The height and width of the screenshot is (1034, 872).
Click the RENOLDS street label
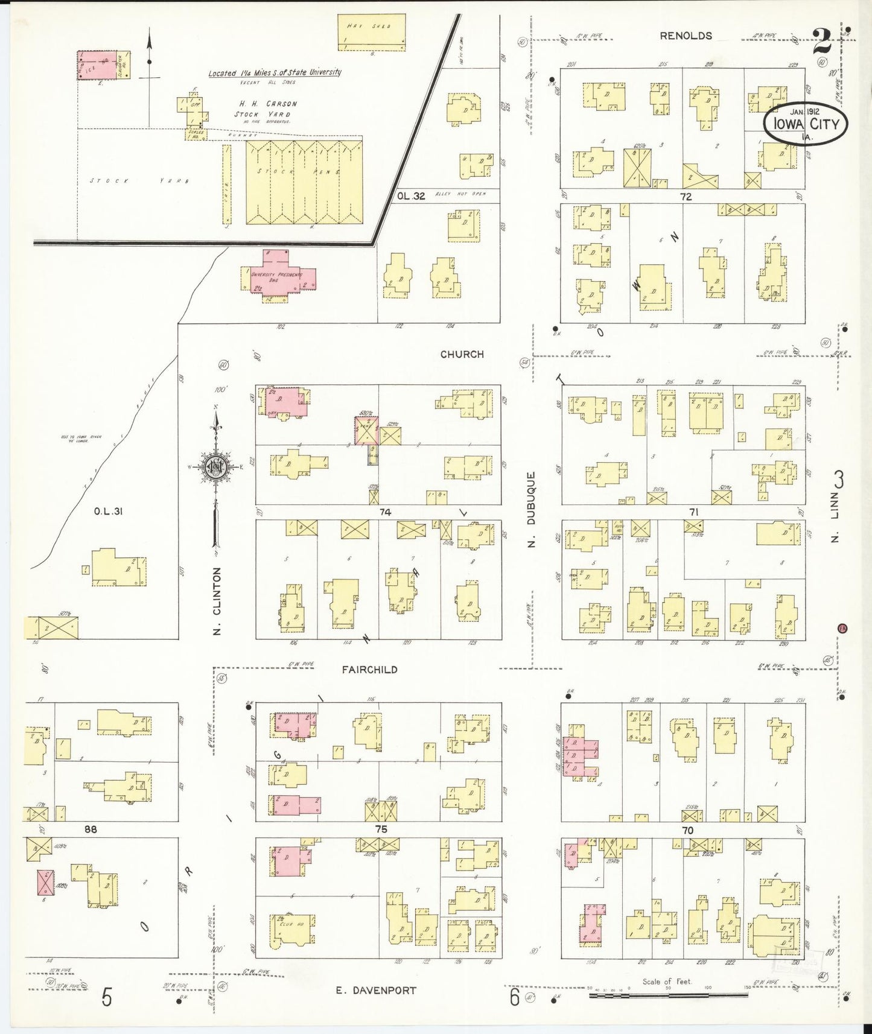pyautogui.click(x=686, y=36)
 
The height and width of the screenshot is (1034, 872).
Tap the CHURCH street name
pyautogui.click(x=462, y=354)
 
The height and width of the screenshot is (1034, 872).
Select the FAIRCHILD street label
pyautogui.click(x=369, y=669)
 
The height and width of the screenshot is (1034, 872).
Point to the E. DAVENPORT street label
pyautogui.click(x=376, y=990)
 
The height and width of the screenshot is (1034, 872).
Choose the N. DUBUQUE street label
pyautogui.click(x=532, y=510)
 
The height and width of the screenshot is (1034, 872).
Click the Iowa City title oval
pyautogui.click(x=805, y=124)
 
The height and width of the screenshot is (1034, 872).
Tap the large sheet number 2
pyautogui.click(x=822, y=42)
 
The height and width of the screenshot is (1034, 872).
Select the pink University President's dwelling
pyautogui.click(x=277, y=274)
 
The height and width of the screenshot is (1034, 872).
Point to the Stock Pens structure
pyautogui.click(x=301, y=181)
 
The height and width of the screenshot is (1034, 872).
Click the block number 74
pyautogui.click(x=385, y=512)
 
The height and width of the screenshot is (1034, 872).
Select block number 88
pyautogui.click(x=90, y=829)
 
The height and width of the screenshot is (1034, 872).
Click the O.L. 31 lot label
pyautogui.click(x=109, y=512)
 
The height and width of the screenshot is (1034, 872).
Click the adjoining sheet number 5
pyautogui.click(x=106, y=997)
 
